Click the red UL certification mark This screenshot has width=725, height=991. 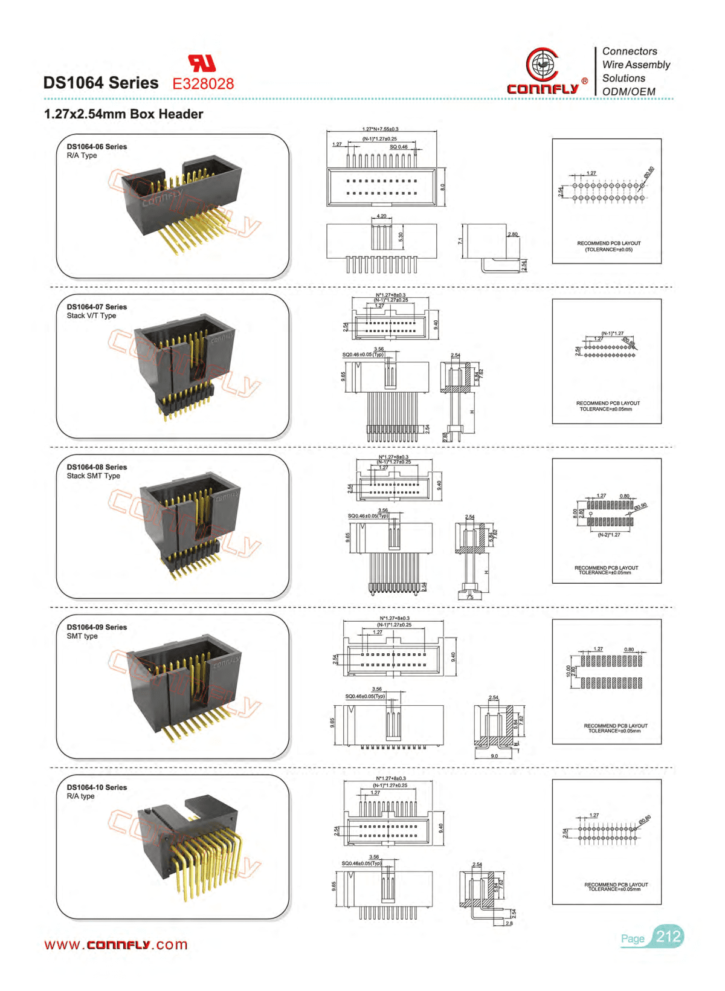[x=202, y=63]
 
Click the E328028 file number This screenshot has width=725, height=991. [x=203, y=84]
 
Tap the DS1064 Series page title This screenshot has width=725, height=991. [x=101, y=83]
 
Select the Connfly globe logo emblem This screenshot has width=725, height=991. [x=542, y=64]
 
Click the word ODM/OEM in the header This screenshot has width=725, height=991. [x=628, y=91]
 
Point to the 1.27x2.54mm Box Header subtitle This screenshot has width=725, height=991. [x=123, y=114]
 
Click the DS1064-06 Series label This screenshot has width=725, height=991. [x=97, y=147]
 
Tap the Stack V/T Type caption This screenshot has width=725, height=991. [x=91, y=315]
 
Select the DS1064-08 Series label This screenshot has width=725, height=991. [x=97, y=467]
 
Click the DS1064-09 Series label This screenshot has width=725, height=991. [x=97, y=627]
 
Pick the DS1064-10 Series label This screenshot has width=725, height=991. [x=97, y=787]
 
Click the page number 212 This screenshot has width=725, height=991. [x=668, y=937]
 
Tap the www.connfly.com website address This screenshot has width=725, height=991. [x=116, y=945]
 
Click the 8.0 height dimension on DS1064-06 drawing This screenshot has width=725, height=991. [x=442, y=187]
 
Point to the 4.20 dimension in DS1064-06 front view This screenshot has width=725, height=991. [x=381, y=216]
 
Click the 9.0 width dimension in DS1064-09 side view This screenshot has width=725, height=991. [x=494, y=756]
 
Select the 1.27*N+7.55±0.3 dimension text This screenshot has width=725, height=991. [x=381, y=129]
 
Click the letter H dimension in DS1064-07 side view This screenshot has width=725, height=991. [x=471, y=412]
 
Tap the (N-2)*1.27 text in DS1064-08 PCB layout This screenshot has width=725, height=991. [x=609, y=535]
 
